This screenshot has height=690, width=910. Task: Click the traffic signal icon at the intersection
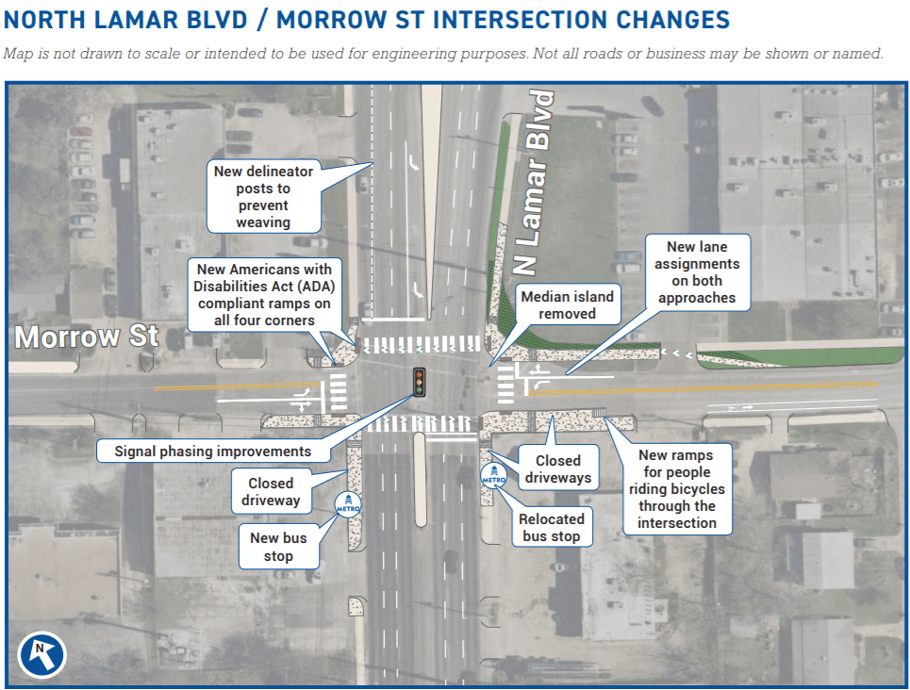[419, 383]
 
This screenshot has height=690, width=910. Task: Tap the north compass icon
[41, 654]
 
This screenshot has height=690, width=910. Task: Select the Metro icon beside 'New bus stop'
[348, 504]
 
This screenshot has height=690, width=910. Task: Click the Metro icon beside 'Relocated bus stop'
[494, 475]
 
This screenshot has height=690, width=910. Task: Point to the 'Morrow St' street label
[87, 337]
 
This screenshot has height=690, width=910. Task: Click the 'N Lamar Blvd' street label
[532, 182]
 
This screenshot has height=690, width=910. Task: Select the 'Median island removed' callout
[568, 304]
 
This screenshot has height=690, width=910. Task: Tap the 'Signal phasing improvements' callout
[213, 451]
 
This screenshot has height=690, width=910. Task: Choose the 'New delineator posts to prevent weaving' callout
[263, 197]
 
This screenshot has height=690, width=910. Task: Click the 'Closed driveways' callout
[557, 468]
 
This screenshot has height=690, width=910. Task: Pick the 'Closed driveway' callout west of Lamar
[271, 491]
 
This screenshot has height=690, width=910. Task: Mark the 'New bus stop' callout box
[278, 547]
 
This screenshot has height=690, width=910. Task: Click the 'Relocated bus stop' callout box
[552, 527]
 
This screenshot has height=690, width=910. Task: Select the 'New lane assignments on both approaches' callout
[697, 272]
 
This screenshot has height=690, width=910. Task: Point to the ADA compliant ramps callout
[264, 295]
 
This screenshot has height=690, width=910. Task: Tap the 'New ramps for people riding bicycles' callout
[677, 488]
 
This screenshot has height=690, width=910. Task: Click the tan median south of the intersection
[421, 480]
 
